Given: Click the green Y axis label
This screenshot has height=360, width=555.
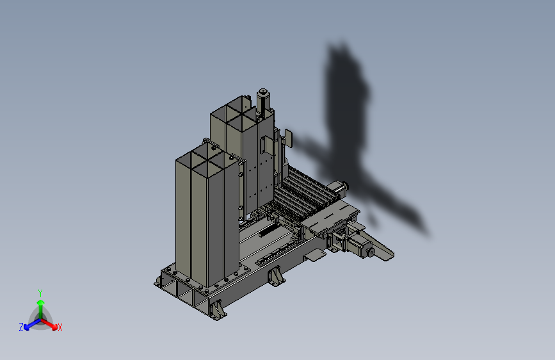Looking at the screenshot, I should [40, 292].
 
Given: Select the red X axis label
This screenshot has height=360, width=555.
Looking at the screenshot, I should [60, 327].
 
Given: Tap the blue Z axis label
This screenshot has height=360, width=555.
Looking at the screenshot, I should [21, 327].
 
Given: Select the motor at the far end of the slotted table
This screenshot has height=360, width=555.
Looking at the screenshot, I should [338, 188].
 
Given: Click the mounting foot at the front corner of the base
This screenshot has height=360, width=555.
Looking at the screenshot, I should [218, 308].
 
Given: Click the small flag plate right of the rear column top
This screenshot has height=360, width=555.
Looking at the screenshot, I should [288, 138].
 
